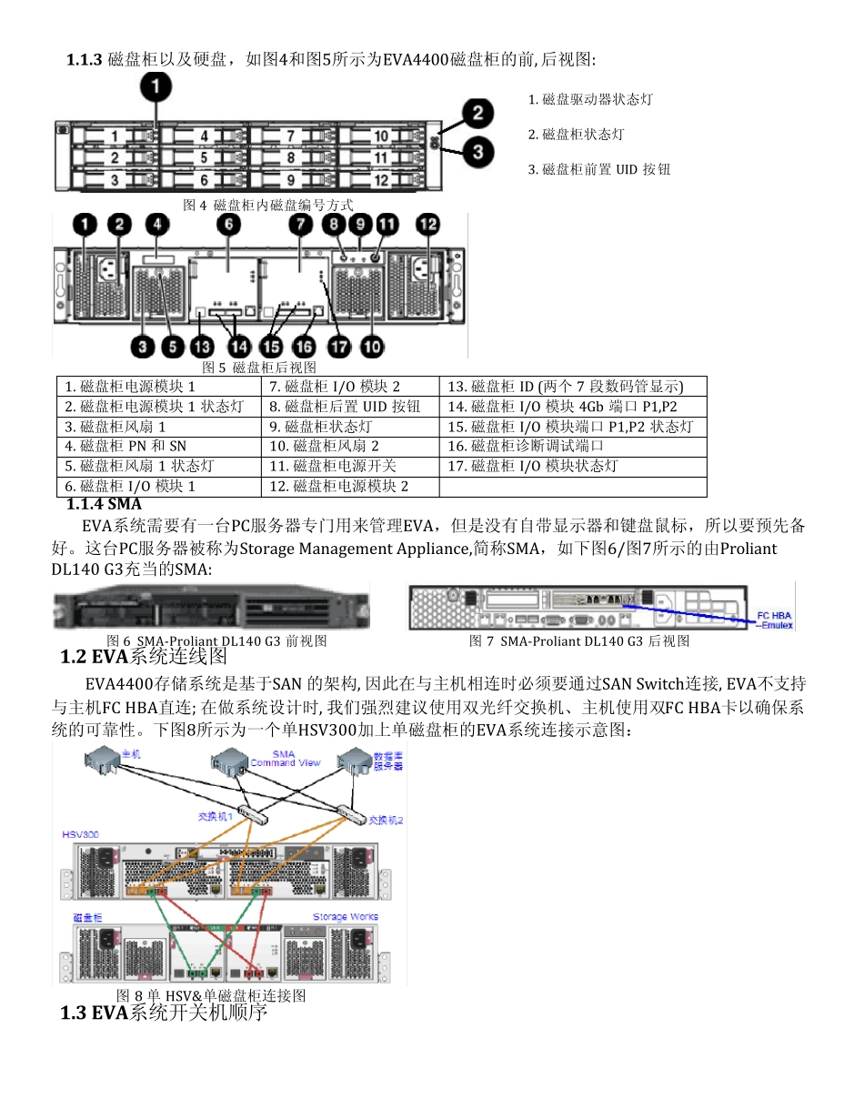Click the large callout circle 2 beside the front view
point(477,115)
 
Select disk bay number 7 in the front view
point(289,137)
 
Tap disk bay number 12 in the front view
point(381,180)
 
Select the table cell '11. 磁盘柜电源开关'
point(333,466)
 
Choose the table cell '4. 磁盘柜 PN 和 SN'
point(126,446)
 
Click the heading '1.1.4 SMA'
point(104,503)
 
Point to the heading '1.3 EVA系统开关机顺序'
point(164,1012)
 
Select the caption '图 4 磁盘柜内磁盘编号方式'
point(268,206)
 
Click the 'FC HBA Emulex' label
point(775,620)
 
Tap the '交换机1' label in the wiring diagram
point(216,816)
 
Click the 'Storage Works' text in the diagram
point(346,916)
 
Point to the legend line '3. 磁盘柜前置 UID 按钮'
point(599,169)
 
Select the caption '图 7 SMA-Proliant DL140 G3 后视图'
point(579,641)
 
